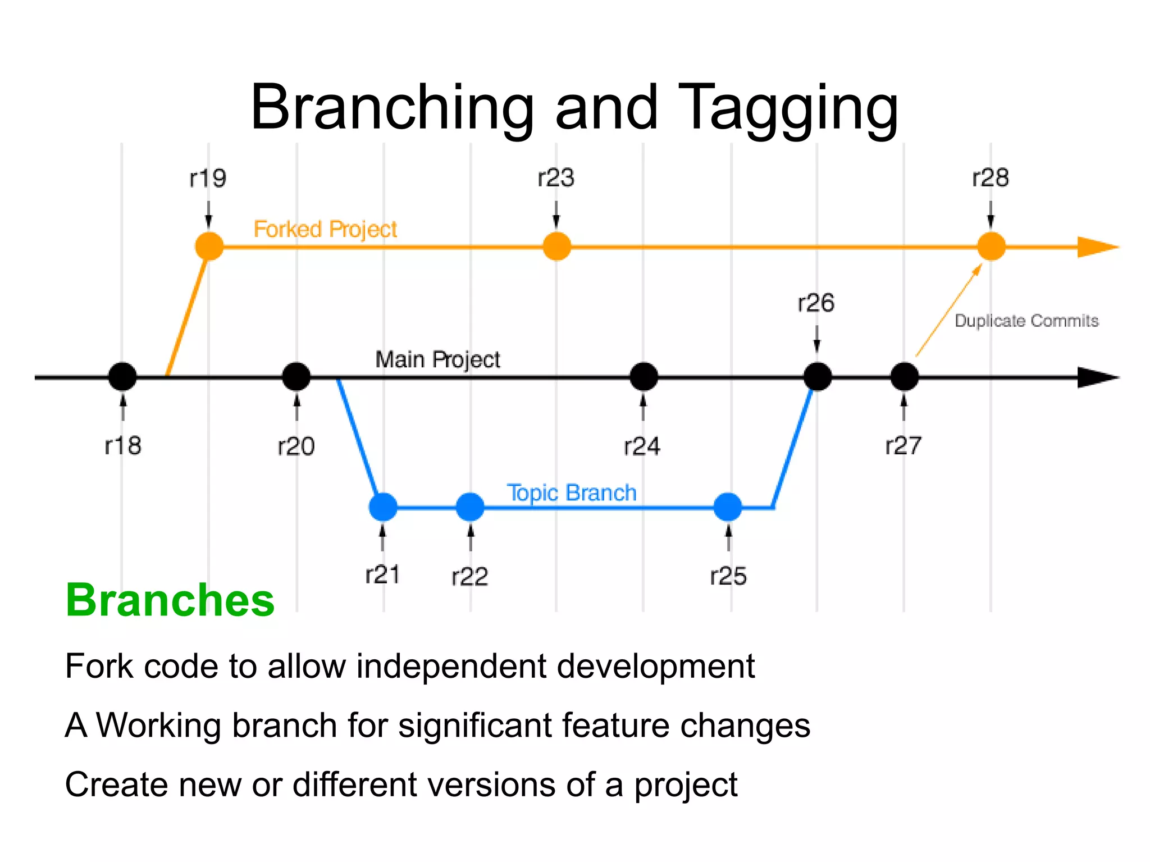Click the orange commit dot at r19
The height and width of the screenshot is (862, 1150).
[x=209, y=246]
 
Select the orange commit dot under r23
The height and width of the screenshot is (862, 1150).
[x=556, y=246]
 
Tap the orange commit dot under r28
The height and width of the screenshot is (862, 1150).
[x=991, y=246]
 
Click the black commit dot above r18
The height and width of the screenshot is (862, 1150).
[x=122, y=376]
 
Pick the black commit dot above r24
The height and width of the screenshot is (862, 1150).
[x=644, y=376]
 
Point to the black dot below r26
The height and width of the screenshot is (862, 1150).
[x=818, y=376]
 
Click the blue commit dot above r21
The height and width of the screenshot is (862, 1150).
[x=383, y=507]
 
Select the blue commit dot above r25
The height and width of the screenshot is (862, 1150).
[x=728, y=507]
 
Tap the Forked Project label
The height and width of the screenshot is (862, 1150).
[x=325, y=229]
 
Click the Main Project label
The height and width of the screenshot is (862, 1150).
[x=437, y=359]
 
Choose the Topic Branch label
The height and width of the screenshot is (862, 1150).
[x=572, y=492]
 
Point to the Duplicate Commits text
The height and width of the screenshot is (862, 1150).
[x=1026, y=321]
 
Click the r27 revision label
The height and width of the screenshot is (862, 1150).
[x=903, y=446]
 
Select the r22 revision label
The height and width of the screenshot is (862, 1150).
[x=469, y=576]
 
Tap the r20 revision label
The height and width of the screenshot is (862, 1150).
[x=296, y=446]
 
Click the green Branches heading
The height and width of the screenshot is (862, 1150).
[x=170, y=600]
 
